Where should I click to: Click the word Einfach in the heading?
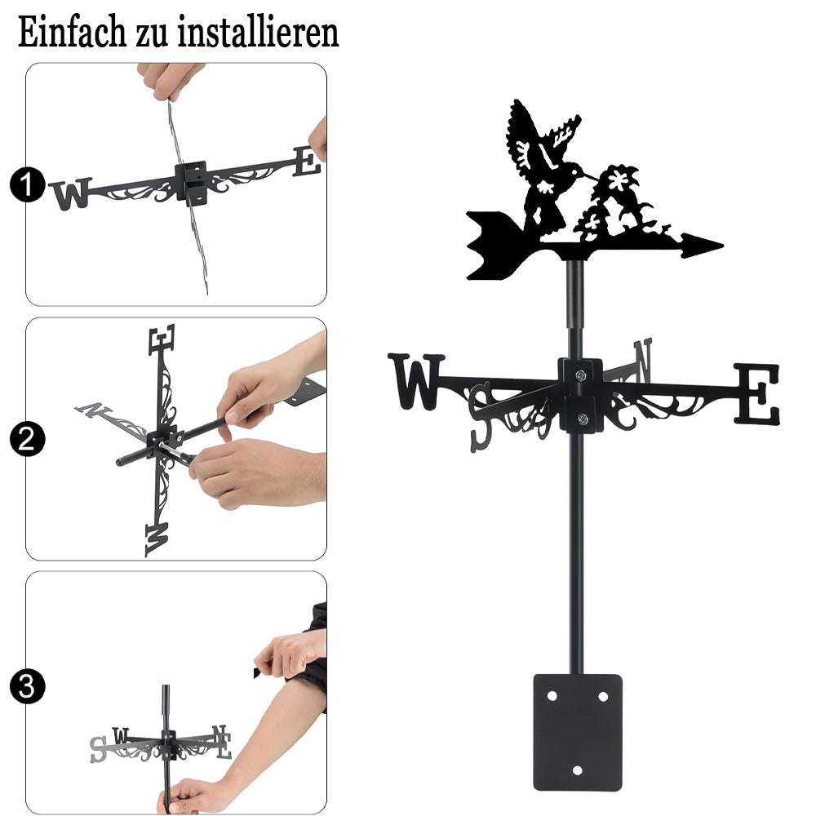click(72, 33)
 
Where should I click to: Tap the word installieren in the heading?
click(258, 33)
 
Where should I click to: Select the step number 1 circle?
click(27, 184)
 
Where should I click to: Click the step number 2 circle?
click(27, 439)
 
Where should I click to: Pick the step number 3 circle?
click(27, 686)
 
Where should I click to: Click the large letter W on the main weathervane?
click(416, 381)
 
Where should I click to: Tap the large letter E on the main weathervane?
click(757, 394)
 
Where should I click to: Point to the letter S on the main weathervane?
click(481, 416)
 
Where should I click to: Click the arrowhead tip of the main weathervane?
click(722, 244)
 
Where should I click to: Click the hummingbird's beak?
click(591, 176)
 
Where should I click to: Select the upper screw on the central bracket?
click(579, 375)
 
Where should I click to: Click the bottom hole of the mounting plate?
click(577, 771)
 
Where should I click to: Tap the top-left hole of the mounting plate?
click(552, 696)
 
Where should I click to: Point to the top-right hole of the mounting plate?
click(603, 696)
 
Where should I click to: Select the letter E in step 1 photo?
click(307, 162)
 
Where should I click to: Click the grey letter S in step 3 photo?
click(98, 749)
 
